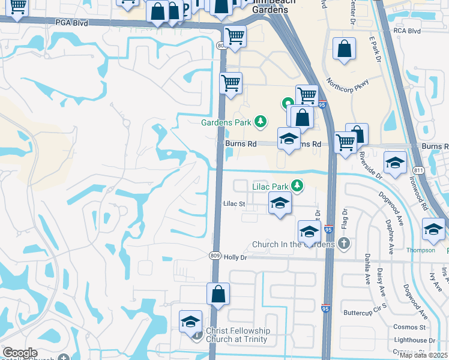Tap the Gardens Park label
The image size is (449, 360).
click(x=226, y=122)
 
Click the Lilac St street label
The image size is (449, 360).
click(x=235, y=204)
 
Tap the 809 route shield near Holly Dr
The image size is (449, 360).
click(x=216, y=256)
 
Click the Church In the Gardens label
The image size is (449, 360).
click(x=294, y=244)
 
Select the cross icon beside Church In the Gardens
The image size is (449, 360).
click(x=343, y=244)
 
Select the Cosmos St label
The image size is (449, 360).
click(x=409, y=327)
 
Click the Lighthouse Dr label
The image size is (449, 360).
click(x=414, y=340)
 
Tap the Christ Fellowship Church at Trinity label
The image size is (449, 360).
click(x=238, y=335)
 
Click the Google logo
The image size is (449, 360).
click(x=20, y=353)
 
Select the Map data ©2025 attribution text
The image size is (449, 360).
click(x=423, y=355)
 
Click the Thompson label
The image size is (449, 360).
click(x=420, y=250)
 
